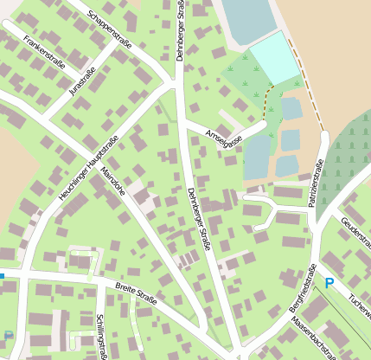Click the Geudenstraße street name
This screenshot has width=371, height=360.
click(355, 234)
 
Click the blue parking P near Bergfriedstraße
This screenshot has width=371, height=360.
click(329, 283)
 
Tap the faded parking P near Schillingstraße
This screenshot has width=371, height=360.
click(9, 336)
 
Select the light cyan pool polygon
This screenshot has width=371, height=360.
click(276, 58)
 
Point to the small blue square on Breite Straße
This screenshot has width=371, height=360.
click(2, 276)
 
